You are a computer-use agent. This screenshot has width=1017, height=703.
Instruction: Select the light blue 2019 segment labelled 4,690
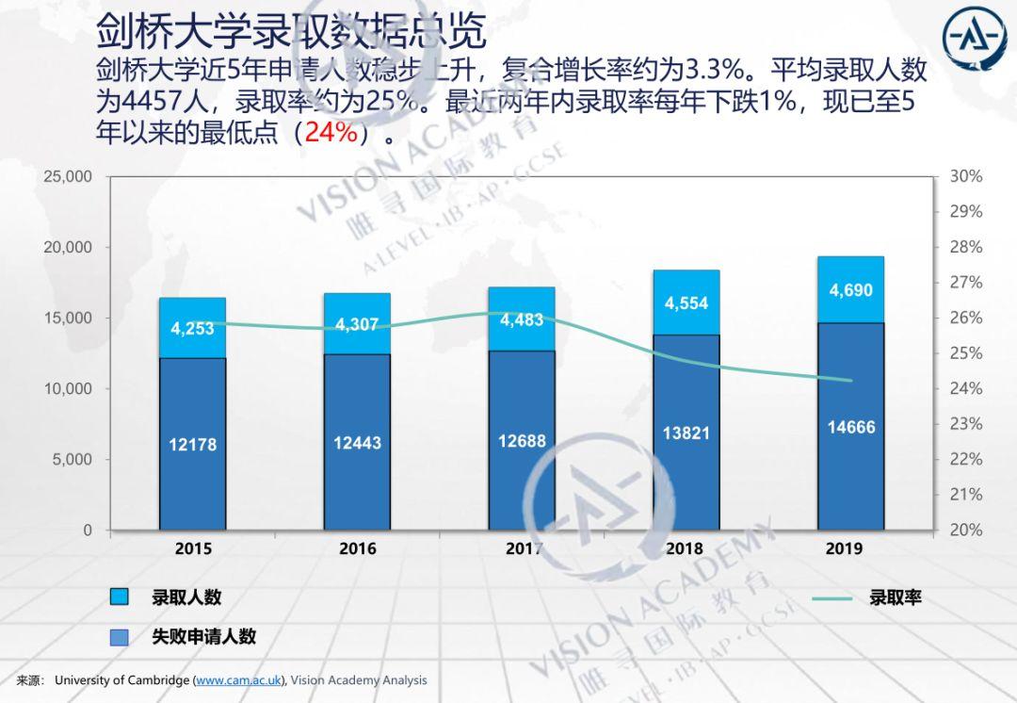point(850,289)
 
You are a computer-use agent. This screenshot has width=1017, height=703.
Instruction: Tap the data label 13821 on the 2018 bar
point(686,433)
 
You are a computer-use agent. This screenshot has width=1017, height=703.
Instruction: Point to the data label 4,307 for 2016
point(357,325)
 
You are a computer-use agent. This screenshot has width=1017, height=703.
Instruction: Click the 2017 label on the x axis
point(522,548)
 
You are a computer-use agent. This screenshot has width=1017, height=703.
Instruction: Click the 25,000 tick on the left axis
point(68,176)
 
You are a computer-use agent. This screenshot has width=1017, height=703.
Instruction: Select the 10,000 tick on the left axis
point(68,388)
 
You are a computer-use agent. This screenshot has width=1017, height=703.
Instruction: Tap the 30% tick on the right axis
point(965,176)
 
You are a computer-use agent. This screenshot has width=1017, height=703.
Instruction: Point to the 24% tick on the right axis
point(965,388)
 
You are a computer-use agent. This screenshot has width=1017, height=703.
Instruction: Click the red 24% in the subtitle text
point(331,133)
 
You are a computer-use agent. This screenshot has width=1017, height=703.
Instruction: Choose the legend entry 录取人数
point(186,597)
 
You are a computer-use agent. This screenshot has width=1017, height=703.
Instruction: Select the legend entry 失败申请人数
point(203,636)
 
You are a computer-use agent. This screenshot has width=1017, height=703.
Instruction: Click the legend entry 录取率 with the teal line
point(895,597)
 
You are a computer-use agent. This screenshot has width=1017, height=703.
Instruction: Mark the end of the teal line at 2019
point(851,381)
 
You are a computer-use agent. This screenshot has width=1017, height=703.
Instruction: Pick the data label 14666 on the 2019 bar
point(851,427)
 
